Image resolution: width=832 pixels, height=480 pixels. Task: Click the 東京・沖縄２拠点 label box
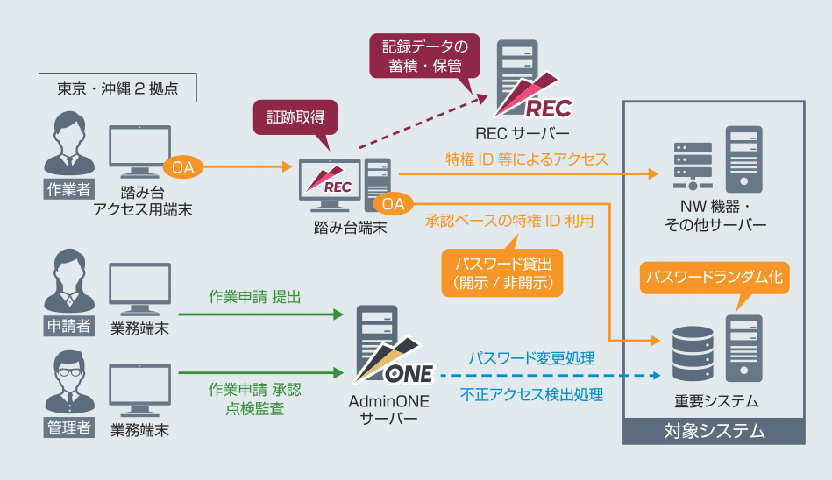tap(117, 88)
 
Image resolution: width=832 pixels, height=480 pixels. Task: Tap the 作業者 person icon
tap(68, 144)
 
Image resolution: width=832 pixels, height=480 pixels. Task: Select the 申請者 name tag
tap(68, 326)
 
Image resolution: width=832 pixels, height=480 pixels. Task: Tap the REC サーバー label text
tap(523, 133)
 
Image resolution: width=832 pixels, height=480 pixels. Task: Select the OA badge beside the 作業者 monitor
tap(184, 166)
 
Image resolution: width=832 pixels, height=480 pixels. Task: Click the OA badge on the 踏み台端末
tap(393, 203)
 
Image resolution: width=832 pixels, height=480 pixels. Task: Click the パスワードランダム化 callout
tap(714, 277)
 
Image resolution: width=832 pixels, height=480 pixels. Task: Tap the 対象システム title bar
tap(714, 431)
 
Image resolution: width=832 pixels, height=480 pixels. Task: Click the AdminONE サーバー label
tap(389, 409)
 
